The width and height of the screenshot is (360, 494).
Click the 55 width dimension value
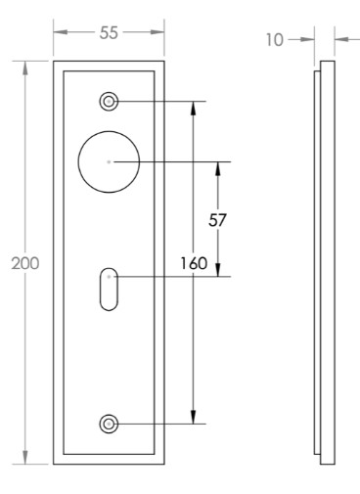[109, 33]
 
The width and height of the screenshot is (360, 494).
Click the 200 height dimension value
[25, 263]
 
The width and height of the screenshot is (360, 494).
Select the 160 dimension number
[194, 263]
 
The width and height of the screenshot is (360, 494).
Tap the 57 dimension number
[217, 220]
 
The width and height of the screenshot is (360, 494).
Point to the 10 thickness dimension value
[275, 40]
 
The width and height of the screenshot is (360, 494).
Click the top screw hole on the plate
[109, 102]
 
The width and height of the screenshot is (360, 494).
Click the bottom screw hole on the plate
[109, 424]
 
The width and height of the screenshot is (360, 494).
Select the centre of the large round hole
[109, 161]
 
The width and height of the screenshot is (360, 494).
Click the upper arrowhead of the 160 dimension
[194, 109]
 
